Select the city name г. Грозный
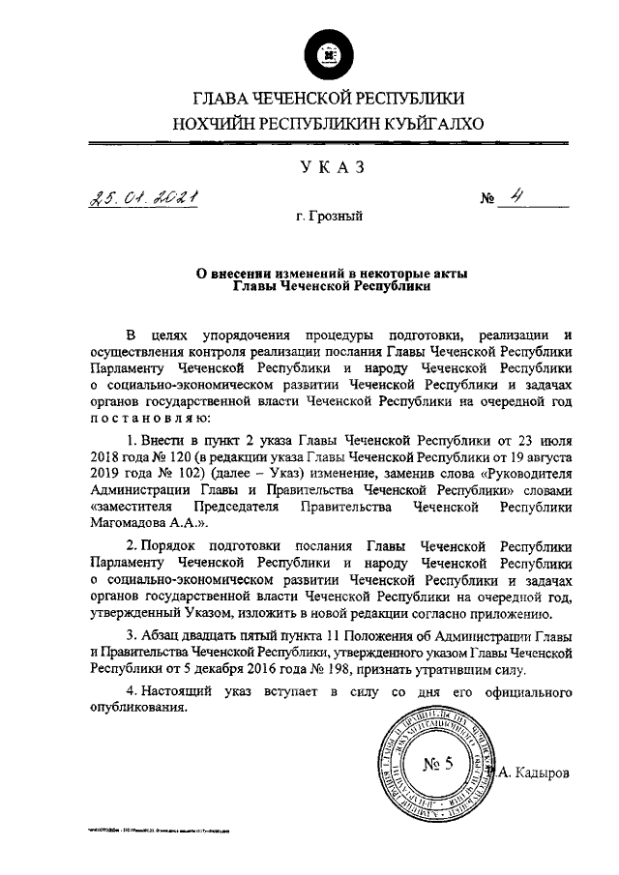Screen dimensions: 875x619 (330, 219)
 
